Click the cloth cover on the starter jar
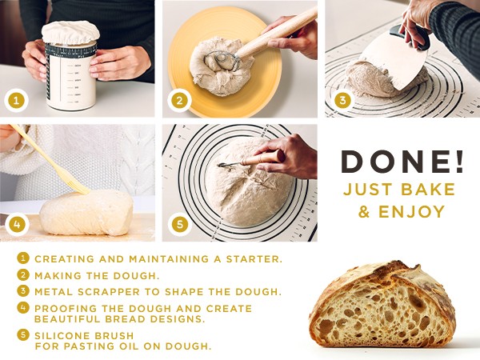pyautogui.click(x=70, y=33)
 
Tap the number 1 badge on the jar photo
pyautogui.click(x=16, y=101)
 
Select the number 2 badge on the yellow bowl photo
pyautogui.click(x=179, y=101)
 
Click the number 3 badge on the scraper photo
pyautogui.click(x=342, y=101)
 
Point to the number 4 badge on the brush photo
pyautogui.click(x=17, y=224)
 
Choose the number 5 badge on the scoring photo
pyautogui.click(x=180, y=224)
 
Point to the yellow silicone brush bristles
pyautogui.click(x=78, y=186)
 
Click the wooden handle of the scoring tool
pyautogui.click(x=262, y=158)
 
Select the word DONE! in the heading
pyautogui.click(x=402, y=161)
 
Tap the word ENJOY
pyautogui.click(x=412, y=212)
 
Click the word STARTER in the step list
pyautogui.click(x=254, y=259)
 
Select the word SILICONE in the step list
pyautogui.click(x=62, y=336)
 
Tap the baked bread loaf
pyautogui.click(x=382, y=304)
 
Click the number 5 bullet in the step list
pyautogui.click(x=23, y=334)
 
